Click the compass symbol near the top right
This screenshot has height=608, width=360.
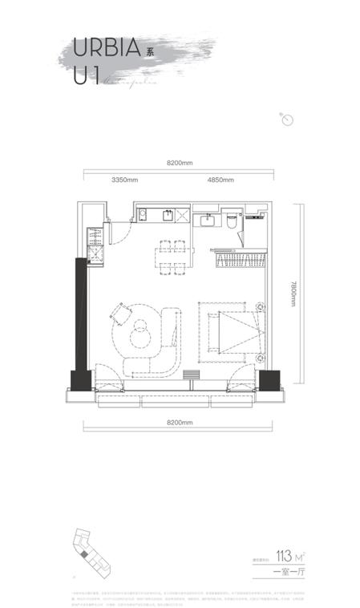point(288,120)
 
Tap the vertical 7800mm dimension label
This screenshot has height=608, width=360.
point(294,294)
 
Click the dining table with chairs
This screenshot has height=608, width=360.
point(174,257)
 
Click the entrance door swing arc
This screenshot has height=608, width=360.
point(120,233)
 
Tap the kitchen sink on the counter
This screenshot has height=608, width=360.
point(169,215)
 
